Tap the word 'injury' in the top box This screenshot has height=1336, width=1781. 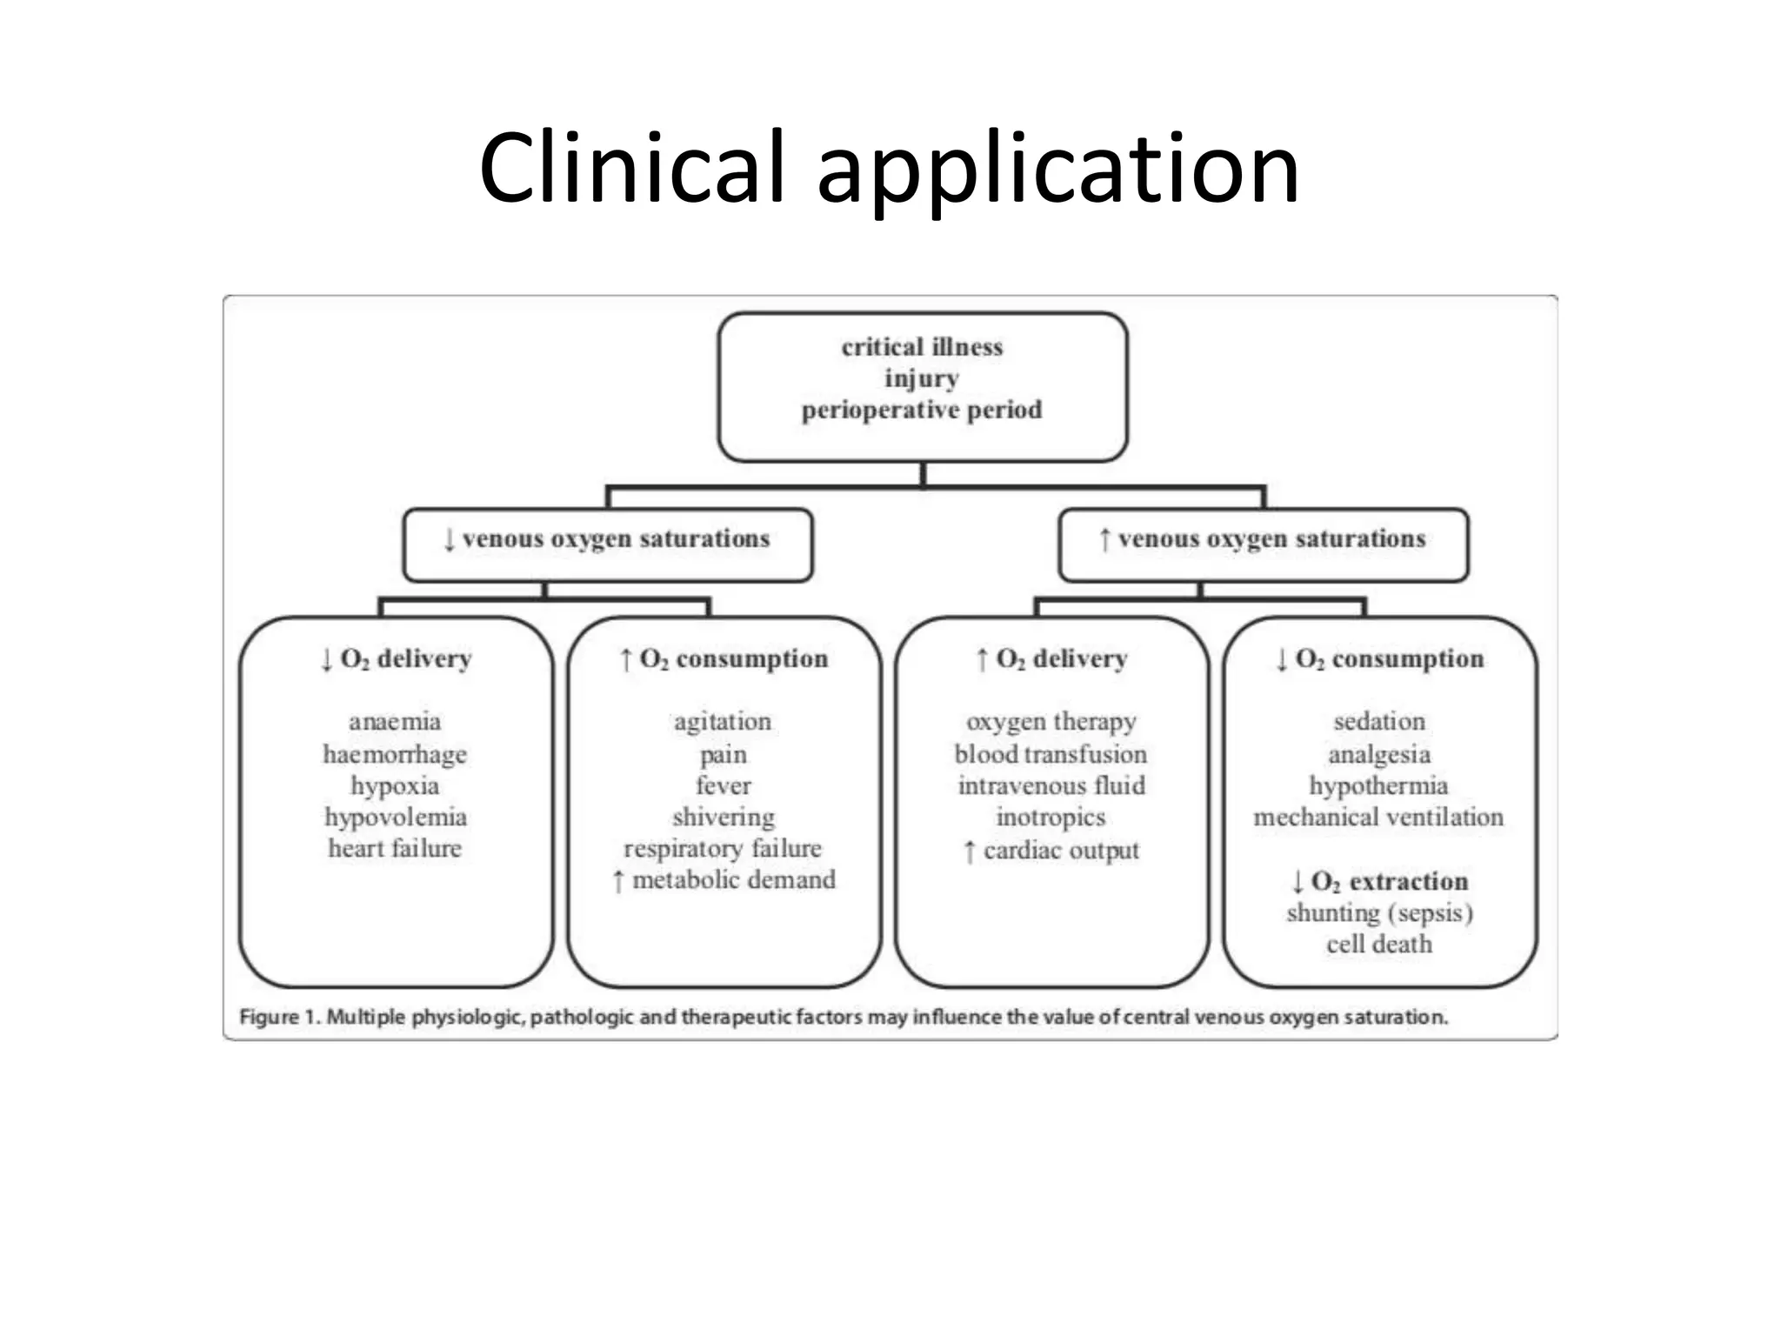[x=922, y=378]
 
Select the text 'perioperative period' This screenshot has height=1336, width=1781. [x=922, y=410]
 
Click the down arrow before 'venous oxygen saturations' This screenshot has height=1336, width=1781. [x=449, y=539]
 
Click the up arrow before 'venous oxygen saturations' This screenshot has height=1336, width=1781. [x=1104, y=539]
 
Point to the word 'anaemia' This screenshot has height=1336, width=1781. [x=395, y=721]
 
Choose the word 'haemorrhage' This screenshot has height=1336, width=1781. [x=395, y=754]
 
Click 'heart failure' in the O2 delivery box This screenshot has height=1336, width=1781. [x=395, y=848]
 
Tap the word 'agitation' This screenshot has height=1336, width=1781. [x=723, y=721]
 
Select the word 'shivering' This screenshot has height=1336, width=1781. [x=723, y=817]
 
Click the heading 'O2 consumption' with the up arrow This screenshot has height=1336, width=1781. [x=733, y=659]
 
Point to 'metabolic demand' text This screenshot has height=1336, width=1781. [x=733, y=880]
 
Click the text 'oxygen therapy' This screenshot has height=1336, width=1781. [x=1051, y=721]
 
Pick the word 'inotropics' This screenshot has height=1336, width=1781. [x=1051, y=817]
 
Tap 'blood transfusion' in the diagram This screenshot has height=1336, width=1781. [x=1051, y=754]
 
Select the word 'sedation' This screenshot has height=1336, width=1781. [x=1379, y=721]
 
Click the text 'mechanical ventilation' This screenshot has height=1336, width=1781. [x=1378, y=817]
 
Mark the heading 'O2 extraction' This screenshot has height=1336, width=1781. [x=1389, y=882]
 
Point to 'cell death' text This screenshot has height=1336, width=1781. [x=1379, y=944]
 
